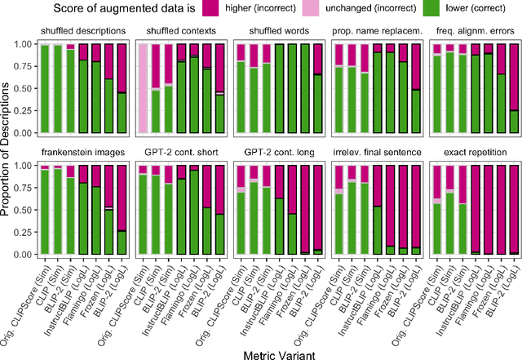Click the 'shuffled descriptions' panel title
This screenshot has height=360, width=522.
point(85,32)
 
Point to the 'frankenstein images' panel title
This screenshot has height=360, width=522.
point(85,153)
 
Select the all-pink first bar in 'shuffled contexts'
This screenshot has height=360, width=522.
point(143,88)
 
